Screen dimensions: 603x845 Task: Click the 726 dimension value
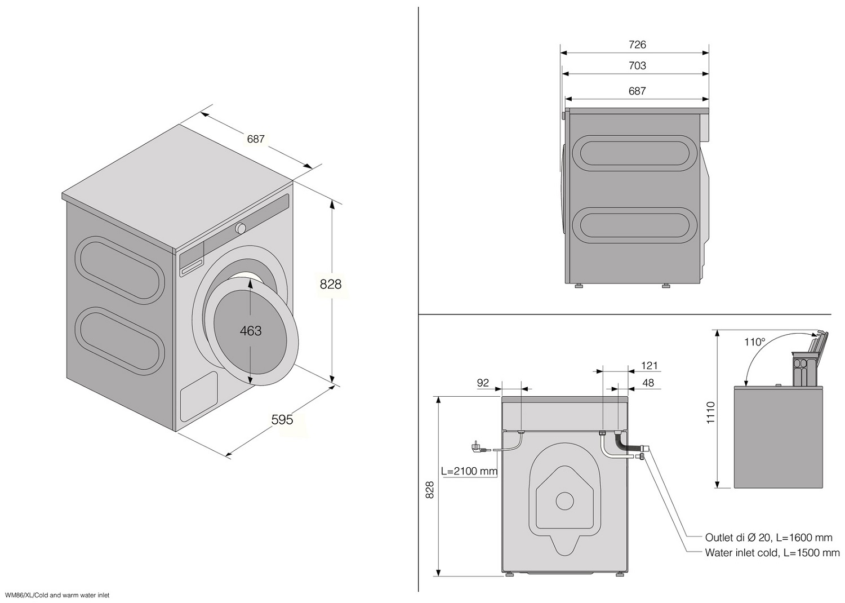click(x=637, y=45)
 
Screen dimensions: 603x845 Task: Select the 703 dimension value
click(x=637, y=66)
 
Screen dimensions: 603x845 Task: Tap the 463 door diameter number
click(x=251, y=331)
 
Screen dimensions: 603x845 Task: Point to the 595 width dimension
click(x=282, y=419)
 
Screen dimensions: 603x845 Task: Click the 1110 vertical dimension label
click(x=710, y=413)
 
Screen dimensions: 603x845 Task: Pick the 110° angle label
click(x=755, y=342)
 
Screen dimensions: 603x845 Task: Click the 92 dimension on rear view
click(x=483, y=383)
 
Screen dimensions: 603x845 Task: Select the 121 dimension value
click(x=649, y=366)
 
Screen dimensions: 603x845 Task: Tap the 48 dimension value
click(x=648, y=383)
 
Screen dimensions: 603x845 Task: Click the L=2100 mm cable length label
click(x=469, y=471)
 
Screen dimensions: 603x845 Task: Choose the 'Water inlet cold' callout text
click(x=772, y=553)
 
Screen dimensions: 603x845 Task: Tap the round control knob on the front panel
click(x=241, y=228)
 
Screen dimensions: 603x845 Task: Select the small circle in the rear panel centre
click(x=564, y=500)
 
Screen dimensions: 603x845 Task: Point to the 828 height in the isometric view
click(x=331, y=284)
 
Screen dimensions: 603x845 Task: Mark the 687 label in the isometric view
click(x=256, y=139)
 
